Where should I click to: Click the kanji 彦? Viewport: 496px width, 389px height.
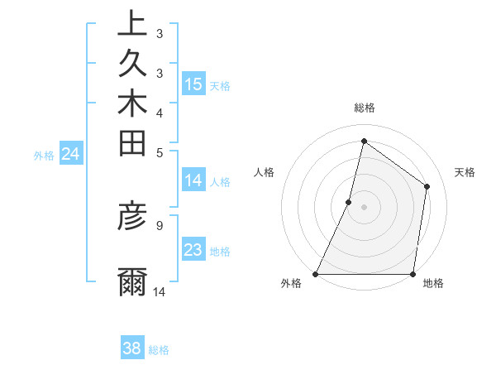point(132,216)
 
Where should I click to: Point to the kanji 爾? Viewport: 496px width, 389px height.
point(132,282)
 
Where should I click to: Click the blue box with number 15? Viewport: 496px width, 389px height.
point(193,84)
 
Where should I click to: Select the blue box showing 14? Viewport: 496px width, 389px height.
point(193,180)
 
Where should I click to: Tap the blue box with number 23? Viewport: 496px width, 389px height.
point(193,250)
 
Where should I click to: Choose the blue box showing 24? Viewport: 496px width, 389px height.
point(70,153)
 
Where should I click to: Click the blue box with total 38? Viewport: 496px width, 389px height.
point(131,348)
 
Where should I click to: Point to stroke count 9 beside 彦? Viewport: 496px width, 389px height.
point(160,224)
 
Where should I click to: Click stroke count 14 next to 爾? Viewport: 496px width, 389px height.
point(160,291)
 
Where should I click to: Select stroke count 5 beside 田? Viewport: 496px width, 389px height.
point(160,151)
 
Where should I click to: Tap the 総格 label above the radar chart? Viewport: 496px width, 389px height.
point(364,108)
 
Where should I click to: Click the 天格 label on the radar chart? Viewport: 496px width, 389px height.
point(465,172)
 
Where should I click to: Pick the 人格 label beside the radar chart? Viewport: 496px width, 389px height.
point(264,172)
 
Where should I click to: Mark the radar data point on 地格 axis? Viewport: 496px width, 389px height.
point(413,274)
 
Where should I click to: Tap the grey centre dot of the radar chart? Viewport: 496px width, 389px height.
point(364,207)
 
